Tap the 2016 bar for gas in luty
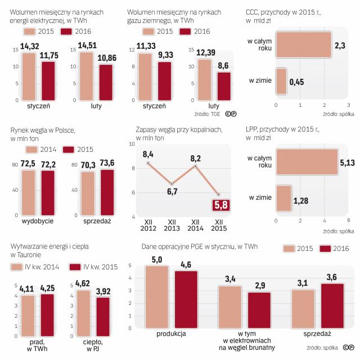click(x=223, y=86)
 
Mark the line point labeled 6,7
click(x=172, y=184)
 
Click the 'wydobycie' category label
click(x=37, y=222)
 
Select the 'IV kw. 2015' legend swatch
click(x=76, y=267)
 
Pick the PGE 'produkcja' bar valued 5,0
click(x=156, y=296)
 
